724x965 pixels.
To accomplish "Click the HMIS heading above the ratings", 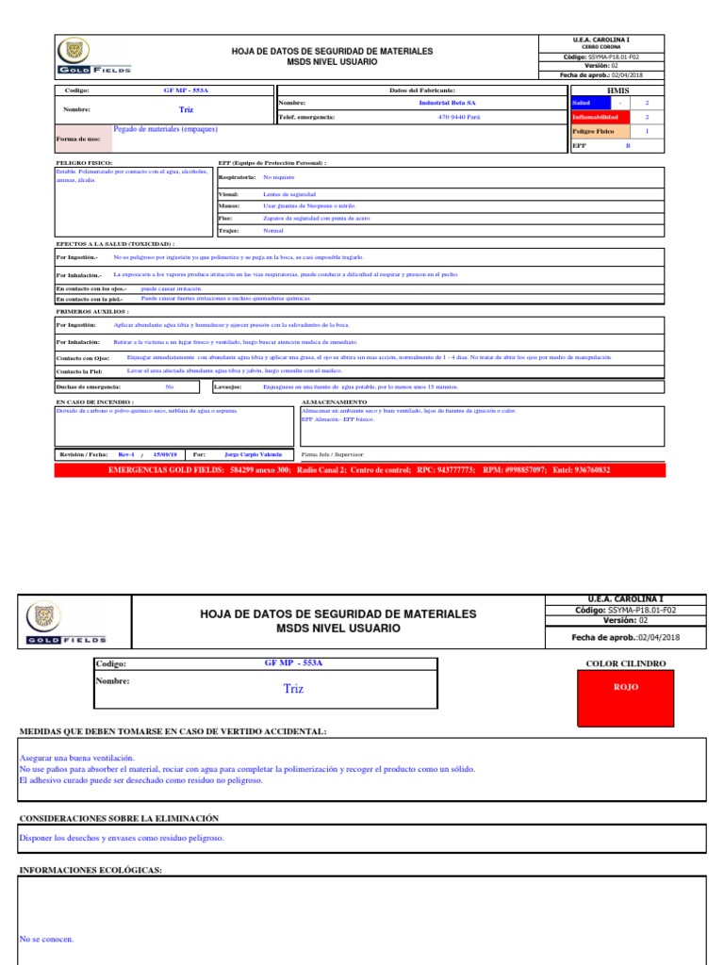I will click(617, 90).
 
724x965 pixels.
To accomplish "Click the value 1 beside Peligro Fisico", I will click(647, 132).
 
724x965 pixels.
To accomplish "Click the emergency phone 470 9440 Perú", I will click(459, 117).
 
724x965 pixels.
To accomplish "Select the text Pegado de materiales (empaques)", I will click(165, 129).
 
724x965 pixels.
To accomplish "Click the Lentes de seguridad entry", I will click(289, 193).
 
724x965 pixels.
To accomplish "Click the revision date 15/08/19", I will click(164, 453).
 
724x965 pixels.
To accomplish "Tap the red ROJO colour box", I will click(626, 687).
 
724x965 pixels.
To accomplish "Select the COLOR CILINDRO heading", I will click(626, 663).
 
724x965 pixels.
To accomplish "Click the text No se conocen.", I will click(46, 939).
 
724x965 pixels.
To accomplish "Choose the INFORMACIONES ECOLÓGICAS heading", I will click(90, 870).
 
